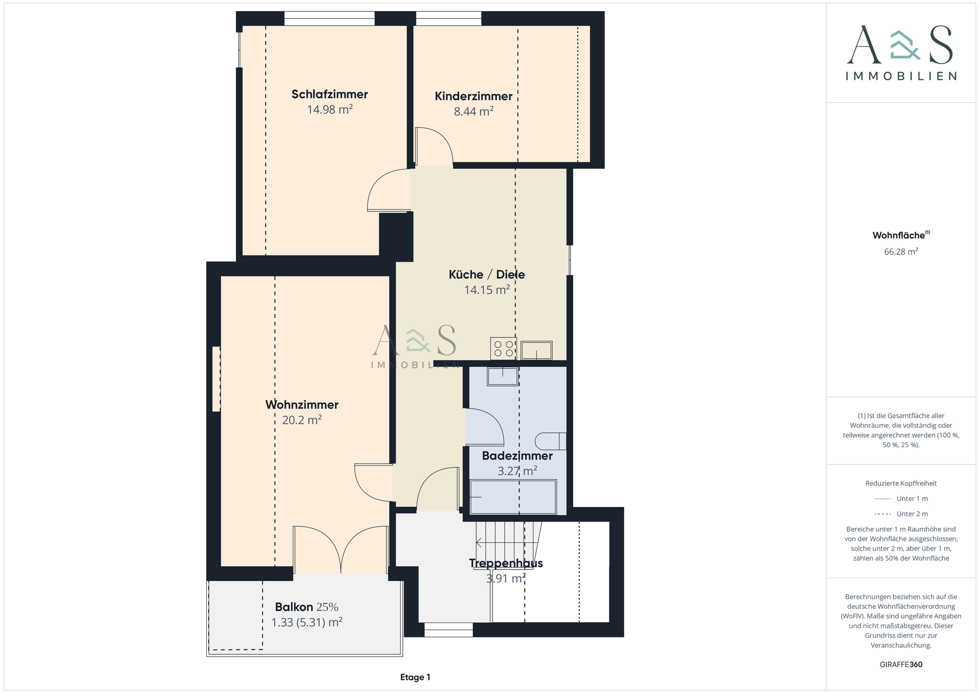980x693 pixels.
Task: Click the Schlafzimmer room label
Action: click(330, 94)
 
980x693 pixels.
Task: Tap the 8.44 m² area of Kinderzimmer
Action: click(474, 111)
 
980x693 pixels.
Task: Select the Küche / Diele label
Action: click(486, 275)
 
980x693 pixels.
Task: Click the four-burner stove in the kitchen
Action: click(503, 349)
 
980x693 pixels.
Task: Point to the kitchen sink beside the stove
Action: click(536, 351)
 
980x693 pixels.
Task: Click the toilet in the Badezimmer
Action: click(551, 441)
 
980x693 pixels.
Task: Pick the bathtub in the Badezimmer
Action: click(513, 497)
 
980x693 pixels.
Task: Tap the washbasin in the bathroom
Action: click(503, 376)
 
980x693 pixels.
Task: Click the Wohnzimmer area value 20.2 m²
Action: click(302, 420)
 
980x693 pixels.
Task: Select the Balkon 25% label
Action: click(307, 607)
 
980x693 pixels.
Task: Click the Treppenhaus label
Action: click(506, 563)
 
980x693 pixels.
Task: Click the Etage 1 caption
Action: click(415, 677)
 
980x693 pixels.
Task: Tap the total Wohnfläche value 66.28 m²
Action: click(901, 252)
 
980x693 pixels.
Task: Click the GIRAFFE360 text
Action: click(901, 664)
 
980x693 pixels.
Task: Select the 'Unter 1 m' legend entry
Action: click(901, 499)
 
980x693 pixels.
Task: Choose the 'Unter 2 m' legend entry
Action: click(901, 514)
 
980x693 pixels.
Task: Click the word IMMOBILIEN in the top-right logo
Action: click(901, 76)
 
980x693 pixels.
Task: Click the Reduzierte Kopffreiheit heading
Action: click(901, 483)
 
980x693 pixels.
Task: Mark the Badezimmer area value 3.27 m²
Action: click(517, 471)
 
